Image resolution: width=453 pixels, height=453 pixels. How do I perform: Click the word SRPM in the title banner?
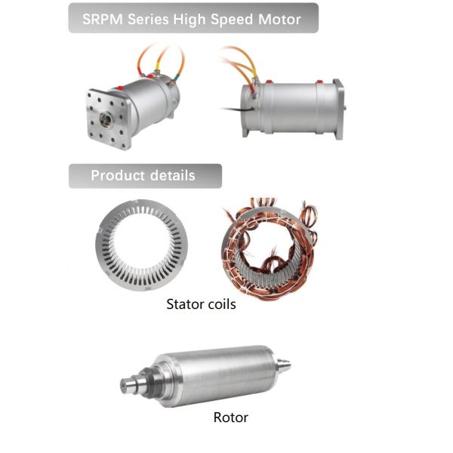tap(103, 20)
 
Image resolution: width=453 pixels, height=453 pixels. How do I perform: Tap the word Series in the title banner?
tap(148, 20)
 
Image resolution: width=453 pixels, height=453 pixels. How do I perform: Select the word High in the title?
tap(190, 20)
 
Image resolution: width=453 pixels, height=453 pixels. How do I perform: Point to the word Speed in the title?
tap(232, 20)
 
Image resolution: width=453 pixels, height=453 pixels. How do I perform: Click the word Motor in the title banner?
tap(279, 20)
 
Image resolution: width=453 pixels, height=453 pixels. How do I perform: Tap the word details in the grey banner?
tap(172, 175)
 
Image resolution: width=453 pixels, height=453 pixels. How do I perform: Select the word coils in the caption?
tap(221, 304)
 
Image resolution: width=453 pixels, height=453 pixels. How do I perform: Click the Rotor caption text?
tap(230, 418)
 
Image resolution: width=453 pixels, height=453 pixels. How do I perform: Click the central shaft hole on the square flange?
tap(106, 120)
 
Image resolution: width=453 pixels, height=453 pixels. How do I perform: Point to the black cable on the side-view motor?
tap(238, 109)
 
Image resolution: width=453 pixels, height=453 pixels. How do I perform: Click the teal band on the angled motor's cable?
tap(175, 77)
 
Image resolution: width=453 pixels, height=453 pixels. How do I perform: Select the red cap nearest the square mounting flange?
tap(120, 88)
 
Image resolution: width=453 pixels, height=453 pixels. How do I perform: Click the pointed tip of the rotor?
tap(290, 365)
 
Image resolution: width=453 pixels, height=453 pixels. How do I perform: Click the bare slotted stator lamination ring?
tap(142, 245)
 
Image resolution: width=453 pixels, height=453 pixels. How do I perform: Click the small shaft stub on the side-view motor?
tap(345, 108)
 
